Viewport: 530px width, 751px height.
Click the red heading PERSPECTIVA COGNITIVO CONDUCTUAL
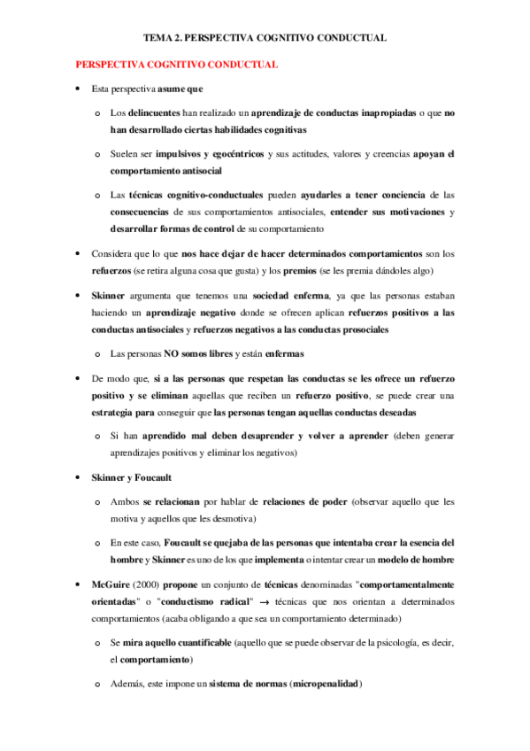click(x=177, y=65)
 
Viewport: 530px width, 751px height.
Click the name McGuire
click(x=112, y=585)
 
